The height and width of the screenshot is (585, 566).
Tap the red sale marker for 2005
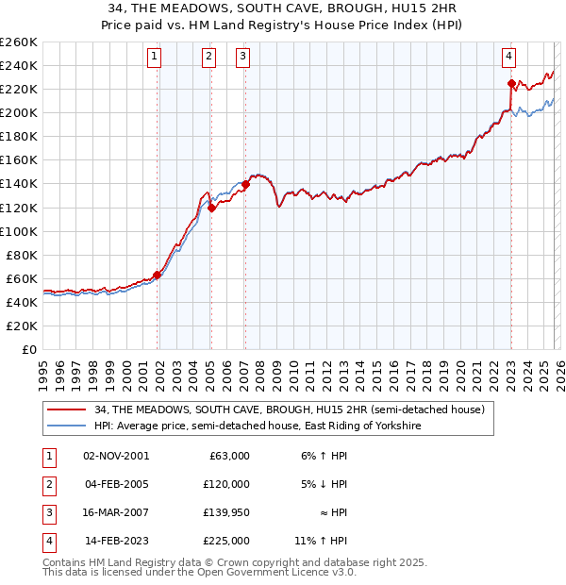click(211, 208)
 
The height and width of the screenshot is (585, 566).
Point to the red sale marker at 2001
click(158, 275)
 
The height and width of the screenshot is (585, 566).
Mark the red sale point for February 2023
click(511, 83)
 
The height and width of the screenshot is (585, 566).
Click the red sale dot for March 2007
click(245, 184)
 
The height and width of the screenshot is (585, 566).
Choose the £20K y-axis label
click(22, 326)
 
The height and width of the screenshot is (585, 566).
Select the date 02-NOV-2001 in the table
click(116, 456)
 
